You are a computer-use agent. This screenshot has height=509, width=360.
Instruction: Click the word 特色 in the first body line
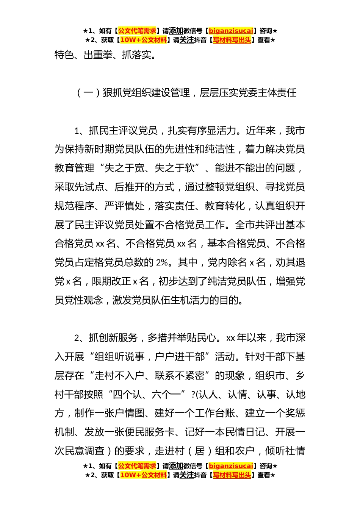(64, 55)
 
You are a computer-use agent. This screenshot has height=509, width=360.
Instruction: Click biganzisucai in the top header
(231, 31)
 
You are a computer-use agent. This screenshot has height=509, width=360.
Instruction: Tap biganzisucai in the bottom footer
(231, 466)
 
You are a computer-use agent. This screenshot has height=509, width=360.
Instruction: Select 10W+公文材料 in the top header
(143, 40)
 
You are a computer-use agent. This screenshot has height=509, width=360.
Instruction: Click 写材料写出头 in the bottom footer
(232, 475)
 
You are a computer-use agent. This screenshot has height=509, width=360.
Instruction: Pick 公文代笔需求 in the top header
(137, 31)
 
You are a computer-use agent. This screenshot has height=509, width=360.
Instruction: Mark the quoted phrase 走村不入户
(119, 376)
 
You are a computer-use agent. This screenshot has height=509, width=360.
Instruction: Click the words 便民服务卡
(150, 432)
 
